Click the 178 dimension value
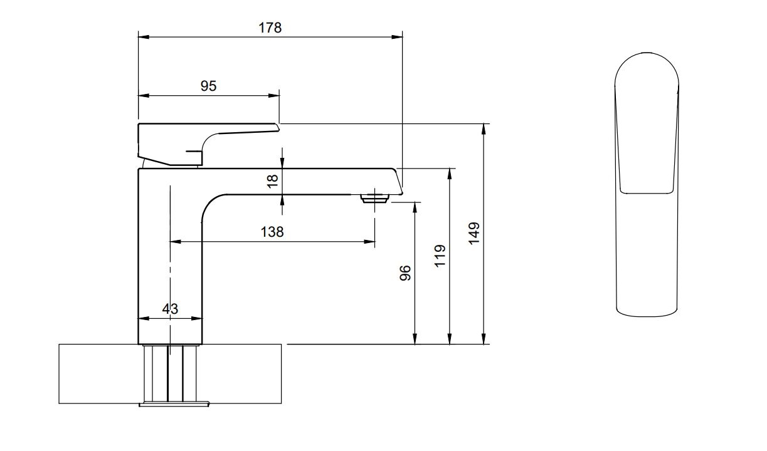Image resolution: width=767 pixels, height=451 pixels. pyautogui.click(x=270, y=28)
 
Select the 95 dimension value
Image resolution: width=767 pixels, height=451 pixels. pyautogui.click(x=208, y=86)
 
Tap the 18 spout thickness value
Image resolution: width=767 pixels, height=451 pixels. pyautogui.click(x=272, y=181)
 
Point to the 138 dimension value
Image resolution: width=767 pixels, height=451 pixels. pyautogui.click(x=272, y=232)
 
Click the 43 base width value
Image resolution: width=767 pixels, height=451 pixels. pyautogui.click(x=170, y=308)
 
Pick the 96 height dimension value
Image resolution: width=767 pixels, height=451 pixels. pyautogui.click(x=406, y=272)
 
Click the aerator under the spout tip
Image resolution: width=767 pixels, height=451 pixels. pyautogui.click(x=375, y=199)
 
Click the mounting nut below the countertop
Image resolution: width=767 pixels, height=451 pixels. pyautogui.click(x=173, y=404)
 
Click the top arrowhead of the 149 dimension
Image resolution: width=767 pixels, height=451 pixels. pyautogui.click(x=484, y=128)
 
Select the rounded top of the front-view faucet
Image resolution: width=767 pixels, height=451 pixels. pyautogui.click(x=647, y=63)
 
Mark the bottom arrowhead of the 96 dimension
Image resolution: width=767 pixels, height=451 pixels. pyautogui.click(x=415, y=340)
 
